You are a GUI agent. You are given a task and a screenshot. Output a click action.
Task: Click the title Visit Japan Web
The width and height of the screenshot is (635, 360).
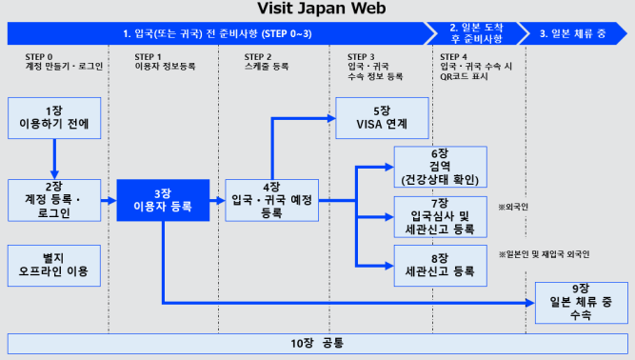click(x=316, y=10)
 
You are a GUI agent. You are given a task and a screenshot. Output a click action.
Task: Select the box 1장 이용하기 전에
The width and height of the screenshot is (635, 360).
click(x=54, y=118)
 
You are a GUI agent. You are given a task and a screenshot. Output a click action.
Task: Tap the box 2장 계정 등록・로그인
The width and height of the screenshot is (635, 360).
click(x=54, y=200)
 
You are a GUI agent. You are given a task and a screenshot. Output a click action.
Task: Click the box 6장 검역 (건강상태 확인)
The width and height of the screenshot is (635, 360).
click(x=439, y=167)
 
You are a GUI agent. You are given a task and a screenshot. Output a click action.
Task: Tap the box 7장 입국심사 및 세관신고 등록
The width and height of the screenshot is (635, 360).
click(x=439, y=216)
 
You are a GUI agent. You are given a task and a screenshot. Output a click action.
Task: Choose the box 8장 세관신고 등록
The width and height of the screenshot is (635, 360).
click(x=439, y=266)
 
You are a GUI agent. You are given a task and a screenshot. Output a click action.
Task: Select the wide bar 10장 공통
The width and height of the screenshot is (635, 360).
click(x=317, y=342)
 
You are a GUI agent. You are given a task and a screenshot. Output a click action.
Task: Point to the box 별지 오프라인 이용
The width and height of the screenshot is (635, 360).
click(x=54, y=266)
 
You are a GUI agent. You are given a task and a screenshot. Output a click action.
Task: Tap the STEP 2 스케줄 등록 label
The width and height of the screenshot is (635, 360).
click(x=269, y=63)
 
